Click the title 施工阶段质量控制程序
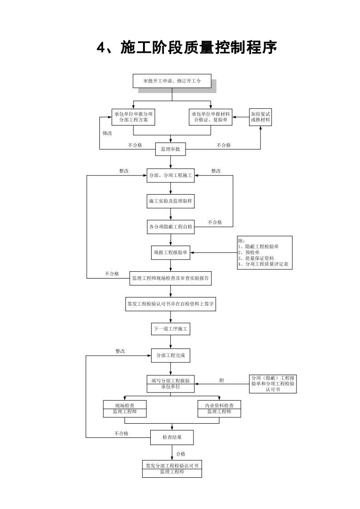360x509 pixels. (187, 47)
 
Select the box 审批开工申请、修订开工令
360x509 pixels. (172, 81)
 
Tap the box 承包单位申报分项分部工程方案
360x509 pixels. (133, 117)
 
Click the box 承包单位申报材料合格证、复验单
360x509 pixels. (211, 117)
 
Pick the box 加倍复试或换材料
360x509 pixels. (260, 117)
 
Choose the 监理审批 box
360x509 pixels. (170, 149)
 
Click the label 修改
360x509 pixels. (107, 133)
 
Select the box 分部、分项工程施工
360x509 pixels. (170, 175)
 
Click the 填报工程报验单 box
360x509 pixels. (170, 253)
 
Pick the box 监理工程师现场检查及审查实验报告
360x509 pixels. (170, 279)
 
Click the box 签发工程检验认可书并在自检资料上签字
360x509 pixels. (170, 304)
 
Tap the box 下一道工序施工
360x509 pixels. (170, 329)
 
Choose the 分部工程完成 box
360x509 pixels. (170, 355)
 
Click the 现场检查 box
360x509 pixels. (124, 408)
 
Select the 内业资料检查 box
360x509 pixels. (219, 408)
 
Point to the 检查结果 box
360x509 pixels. (172, 438)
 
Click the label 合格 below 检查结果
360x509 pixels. (181, 454)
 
